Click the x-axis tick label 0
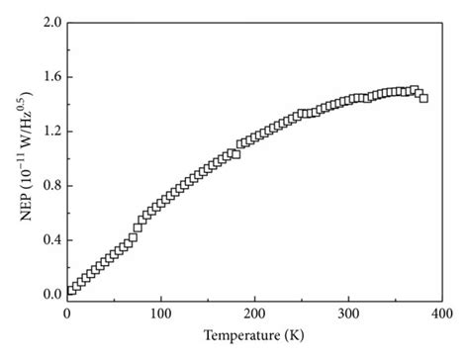[x=66, y=314]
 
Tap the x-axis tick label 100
[x=160, y=314]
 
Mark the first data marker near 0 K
[x=70, y=290]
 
